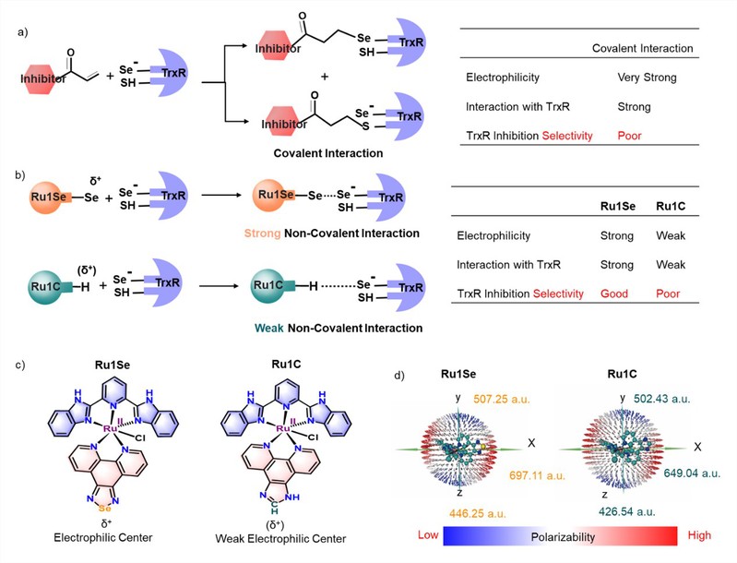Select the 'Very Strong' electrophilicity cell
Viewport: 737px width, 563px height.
[648, 78]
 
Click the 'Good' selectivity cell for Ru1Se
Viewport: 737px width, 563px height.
[614, 293]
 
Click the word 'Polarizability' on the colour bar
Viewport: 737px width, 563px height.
[562, 535]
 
